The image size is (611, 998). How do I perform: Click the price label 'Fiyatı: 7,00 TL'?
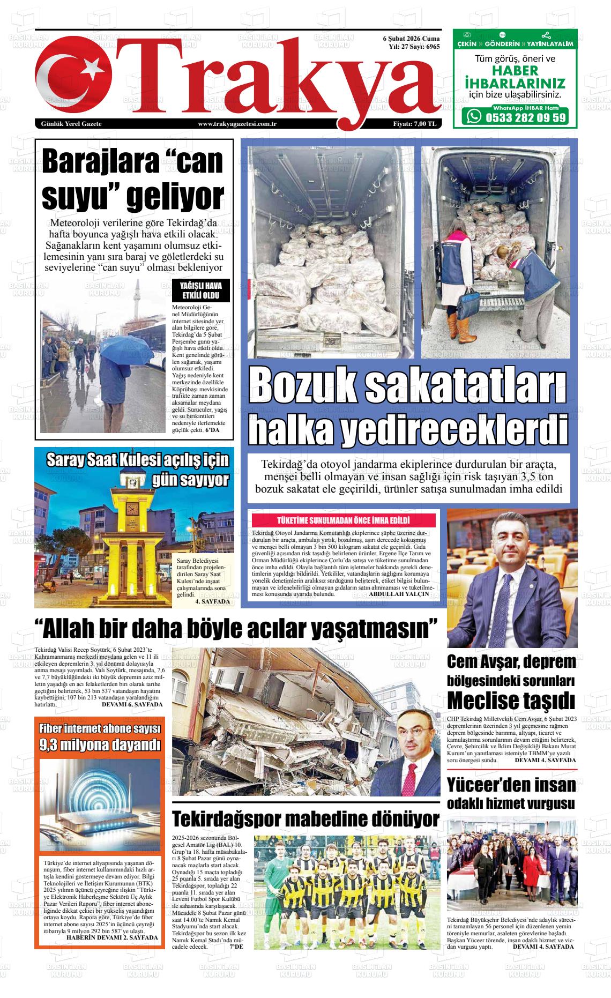point(415,124)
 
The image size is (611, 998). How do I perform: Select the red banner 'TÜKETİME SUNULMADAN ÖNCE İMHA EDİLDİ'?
point(344,520)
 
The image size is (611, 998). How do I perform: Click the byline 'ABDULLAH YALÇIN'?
point(399,594)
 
